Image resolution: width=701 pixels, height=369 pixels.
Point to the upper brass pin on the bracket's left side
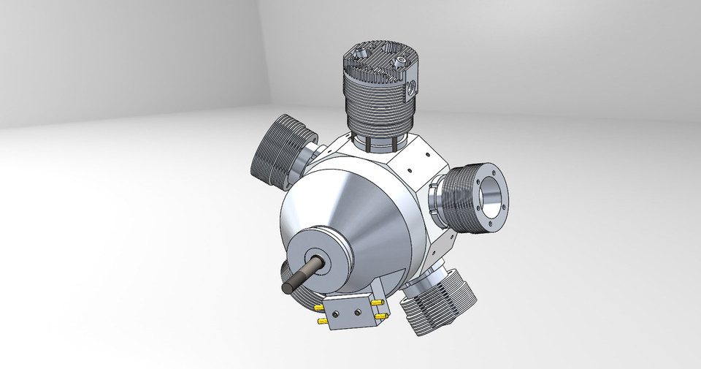pos(319,308)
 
